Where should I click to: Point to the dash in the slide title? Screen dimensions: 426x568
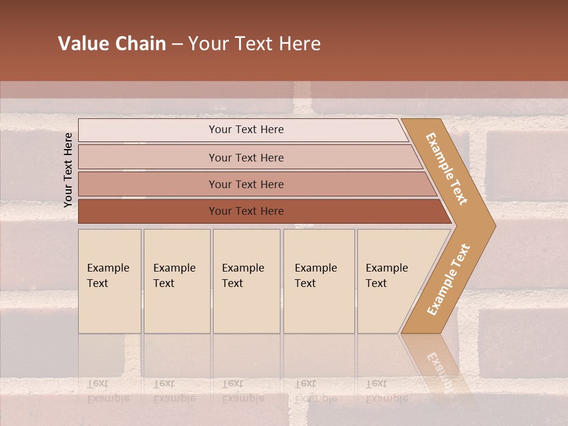pos(177,44)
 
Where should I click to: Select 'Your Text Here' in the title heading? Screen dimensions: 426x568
pos(254,44)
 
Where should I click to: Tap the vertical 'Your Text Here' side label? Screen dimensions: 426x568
pos(68,170)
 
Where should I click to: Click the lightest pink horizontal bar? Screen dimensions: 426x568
pos(246,130)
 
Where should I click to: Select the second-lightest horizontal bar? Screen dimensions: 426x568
pos(246,157)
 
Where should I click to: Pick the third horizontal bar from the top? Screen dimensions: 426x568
pos(246,184)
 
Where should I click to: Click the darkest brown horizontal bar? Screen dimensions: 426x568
pos(246,211)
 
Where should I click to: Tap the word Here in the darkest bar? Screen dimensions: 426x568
pos(272,211)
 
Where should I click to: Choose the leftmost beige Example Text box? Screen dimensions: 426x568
pos(109,281)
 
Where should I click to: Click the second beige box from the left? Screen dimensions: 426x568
pos(177,281)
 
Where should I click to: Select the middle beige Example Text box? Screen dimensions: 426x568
pos(246,281)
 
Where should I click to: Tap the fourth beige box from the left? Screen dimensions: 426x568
pos(319,281)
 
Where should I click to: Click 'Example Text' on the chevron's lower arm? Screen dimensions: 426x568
pos(448,279)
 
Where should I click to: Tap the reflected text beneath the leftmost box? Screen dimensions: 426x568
pos(108,391)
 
